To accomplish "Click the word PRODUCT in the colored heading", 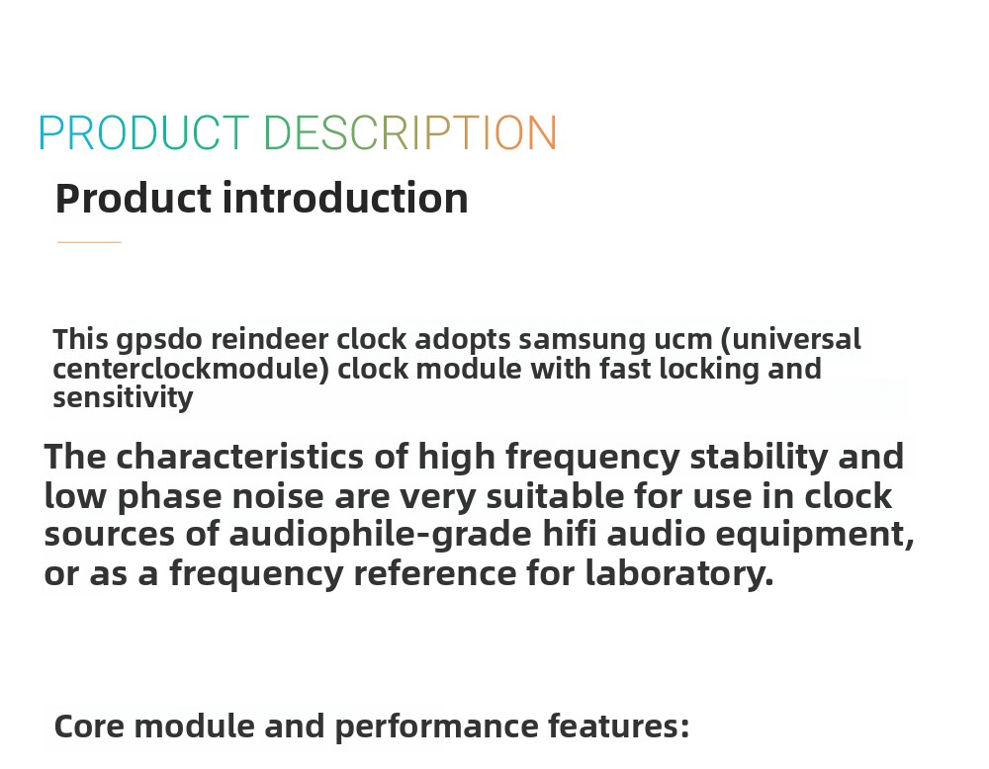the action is click(x=143, y=133).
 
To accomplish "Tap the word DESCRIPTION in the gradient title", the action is click(x=410, y=133).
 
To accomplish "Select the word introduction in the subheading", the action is click(x=345, y=198).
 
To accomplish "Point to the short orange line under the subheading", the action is click(x=89, y=242).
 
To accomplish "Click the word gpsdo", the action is click(x=159, y=340).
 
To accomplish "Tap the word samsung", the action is click(x=582, y=340).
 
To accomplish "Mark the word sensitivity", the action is click(x=123, y=398).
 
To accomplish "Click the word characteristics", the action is click(x=239, y=456).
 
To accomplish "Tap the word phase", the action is click(x=170, y=497).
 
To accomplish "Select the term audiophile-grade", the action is click(x=381, y=535).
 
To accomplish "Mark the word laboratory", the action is click(x=678, y=573).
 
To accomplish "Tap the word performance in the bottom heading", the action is click(x=436, y=727).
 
